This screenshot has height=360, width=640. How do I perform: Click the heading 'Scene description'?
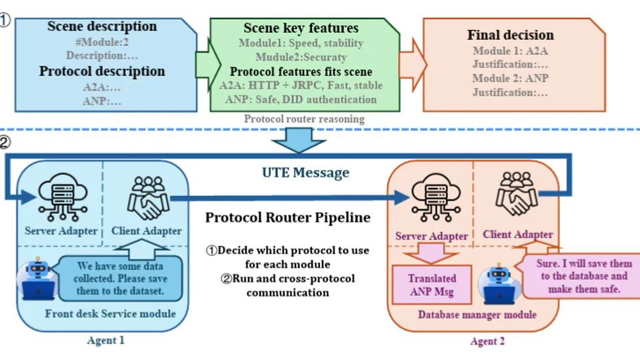tap(102, 27)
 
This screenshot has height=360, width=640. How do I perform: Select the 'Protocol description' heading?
tap(102, 71)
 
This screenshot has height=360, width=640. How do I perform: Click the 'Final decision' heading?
tap(511, 35)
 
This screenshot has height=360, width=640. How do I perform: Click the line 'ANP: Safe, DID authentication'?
tap(298, 99)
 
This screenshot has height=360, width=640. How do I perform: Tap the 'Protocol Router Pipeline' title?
tap(287, 217)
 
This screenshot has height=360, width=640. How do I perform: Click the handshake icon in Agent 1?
tap(145, 198)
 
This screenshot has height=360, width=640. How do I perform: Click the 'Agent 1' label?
tap(105, 340)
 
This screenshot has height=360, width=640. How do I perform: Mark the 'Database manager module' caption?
tap(477, 314)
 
